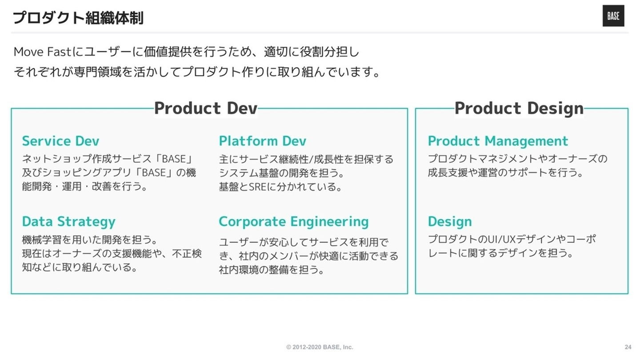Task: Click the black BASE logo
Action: pos(613,16)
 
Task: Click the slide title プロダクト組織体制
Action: pos(78,18)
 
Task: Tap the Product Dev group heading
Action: pos(206,108)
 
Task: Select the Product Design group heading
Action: pos(519,108)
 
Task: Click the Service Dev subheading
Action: pos(60,141)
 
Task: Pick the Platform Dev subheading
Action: pos(262,141)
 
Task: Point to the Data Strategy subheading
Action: pos(68,222)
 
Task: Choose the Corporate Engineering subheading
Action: pos(294,222)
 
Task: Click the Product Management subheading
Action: pos(498,141)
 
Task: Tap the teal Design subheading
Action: pos(450,222)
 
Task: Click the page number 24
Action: pos(628,347)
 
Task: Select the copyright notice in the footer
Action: pos(320,347)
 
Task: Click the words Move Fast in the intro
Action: pos(42,52)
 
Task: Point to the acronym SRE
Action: pos(257,187)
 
